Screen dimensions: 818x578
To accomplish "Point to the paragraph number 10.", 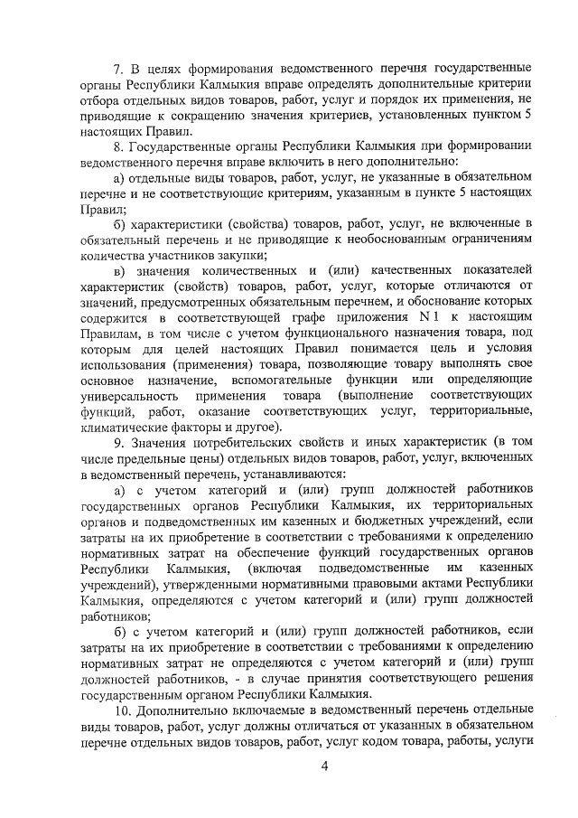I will tap(120, 710).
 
